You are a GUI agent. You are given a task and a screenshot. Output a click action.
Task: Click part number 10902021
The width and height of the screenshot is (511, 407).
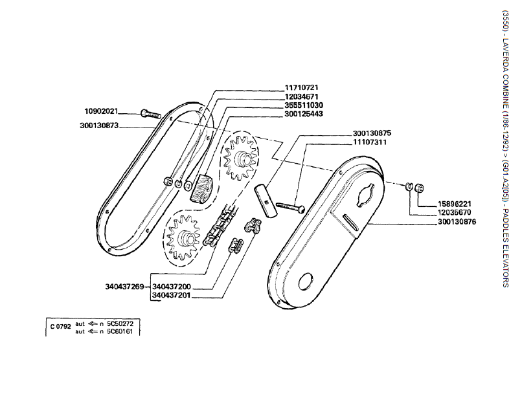[x=101, y=111]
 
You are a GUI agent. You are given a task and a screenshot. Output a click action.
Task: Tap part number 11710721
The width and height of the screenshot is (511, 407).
[x=301, y=87]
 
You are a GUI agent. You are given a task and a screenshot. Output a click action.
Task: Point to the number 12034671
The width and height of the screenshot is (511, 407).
[x=301, y=96]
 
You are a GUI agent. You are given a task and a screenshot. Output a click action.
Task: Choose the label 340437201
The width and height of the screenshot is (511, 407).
[x=172, y=295]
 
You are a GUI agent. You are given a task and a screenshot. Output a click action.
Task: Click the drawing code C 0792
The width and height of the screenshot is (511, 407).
[x=60, y=326]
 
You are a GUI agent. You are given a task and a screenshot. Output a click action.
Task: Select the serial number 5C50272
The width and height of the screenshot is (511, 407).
[x=120, y=322]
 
